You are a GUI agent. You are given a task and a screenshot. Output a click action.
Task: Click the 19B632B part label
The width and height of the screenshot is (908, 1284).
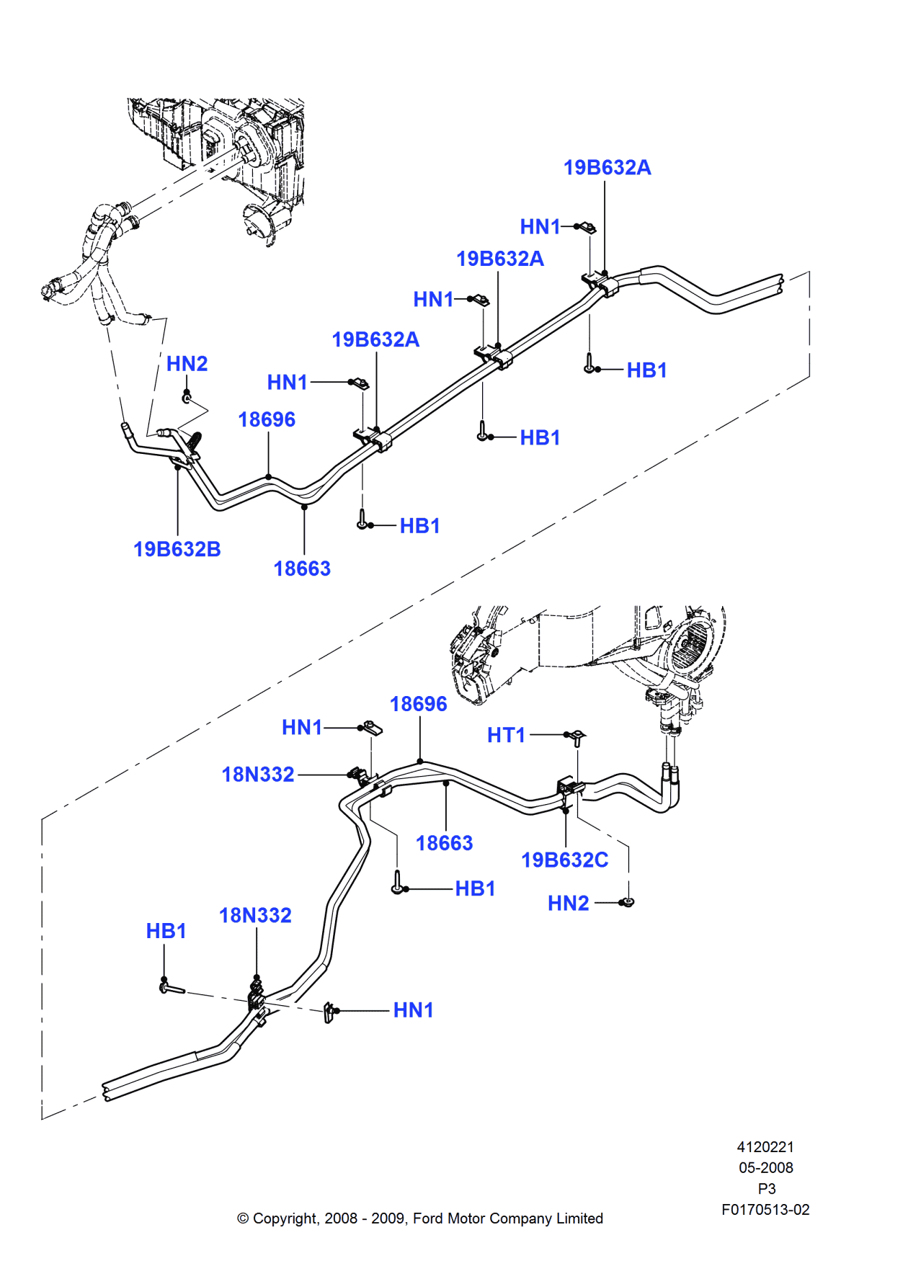177,550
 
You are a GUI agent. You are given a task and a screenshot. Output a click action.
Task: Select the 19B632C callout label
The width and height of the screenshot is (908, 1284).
564,860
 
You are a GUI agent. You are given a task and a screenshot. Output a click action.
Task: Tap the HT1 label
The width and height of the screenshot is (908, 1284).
506,736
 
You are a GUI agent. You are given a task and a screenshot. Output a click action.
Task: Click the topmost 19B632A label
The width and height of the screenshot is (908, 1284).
607,168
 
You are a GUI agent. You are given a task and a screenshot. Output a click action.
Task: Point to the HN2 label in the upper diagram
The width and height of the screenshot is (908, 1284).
187,364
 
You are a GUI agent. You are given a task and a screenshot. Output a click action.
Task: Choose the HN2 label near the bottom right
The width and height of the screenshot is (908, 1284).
568,904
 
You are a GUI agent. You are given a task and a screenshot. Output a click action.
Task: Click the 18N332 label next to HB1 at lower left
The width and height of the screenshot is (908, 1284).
255,916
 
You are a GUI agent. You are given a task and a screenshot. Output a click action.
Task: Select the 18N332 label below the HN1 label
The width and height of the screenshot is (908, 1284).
258,775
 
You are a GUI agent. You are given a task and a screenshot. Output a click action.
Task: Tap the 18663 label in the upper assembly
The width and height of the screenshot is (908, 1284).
302,569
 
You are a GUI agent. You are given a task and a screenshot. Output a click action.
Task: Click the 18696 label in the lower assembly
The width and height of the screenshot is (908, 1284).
418,705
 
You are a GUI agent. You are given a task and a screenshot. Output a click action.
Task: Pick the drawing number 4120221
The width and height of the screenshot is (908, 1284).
765,1147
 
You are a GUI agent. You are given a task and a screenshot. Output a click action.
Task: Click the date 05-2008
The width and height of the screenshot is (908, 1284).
765,1168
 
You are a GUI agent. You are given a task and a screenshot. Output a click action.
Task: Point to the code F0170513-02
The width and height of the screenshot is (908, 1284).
765,1210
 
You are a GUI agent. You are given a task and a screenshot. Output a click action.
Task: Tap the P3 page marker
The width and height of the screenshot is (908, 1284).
766,1189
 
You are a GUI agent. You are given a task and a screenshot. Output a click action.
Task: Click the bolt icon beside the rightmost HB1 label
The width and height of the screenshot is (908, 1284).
590,365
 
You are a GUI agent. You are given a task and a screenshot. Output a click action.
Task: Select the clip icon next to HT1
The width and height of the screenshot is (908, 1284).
577,737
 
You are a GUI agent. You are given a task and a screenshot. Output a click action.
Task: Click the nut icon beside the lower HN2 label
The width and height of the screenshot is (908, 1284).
628,902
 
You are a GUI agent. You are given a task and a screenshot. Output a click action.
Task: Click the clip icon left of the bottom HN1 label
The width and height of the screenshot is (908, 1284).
329,1012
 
